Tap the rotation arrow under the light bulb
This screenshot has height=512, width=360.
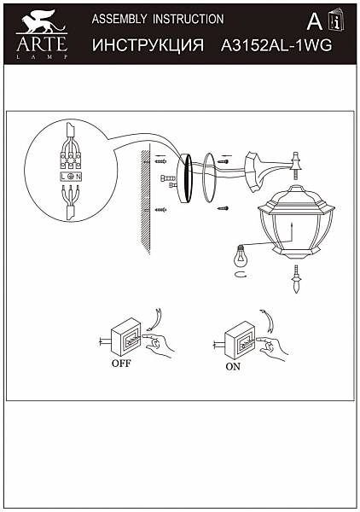241,275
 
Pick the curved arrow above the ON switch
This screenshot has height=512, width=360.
267,323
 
